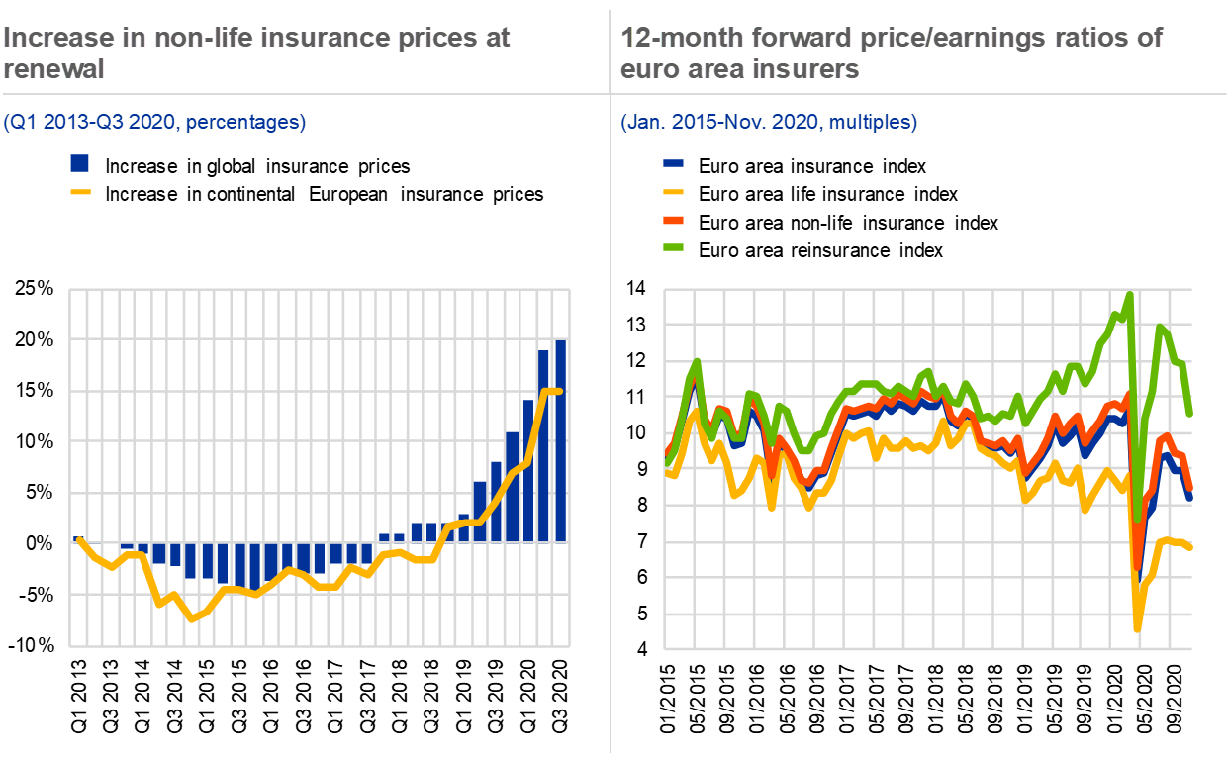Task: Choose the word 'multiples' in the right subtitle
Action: [x=868, y=123]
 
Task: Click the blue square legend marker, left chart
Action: [x=80, y=163]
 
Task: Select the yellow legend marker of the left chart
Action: [x=80, y=192]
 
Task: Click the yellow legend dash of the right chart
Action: [x=673, y=192]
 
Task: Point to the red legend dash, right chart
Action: [x=673, y=220]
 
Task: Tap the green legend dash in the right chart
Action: [x=673, y=246]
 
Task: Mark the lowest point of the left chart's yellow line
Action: [x=192, y=618]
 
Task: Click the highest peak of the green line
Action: [x=1129, y=293]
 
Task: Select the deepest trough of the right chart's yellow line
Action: [x=1137, y=627]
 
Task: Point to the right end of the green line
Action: [x=1190, y=413]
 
